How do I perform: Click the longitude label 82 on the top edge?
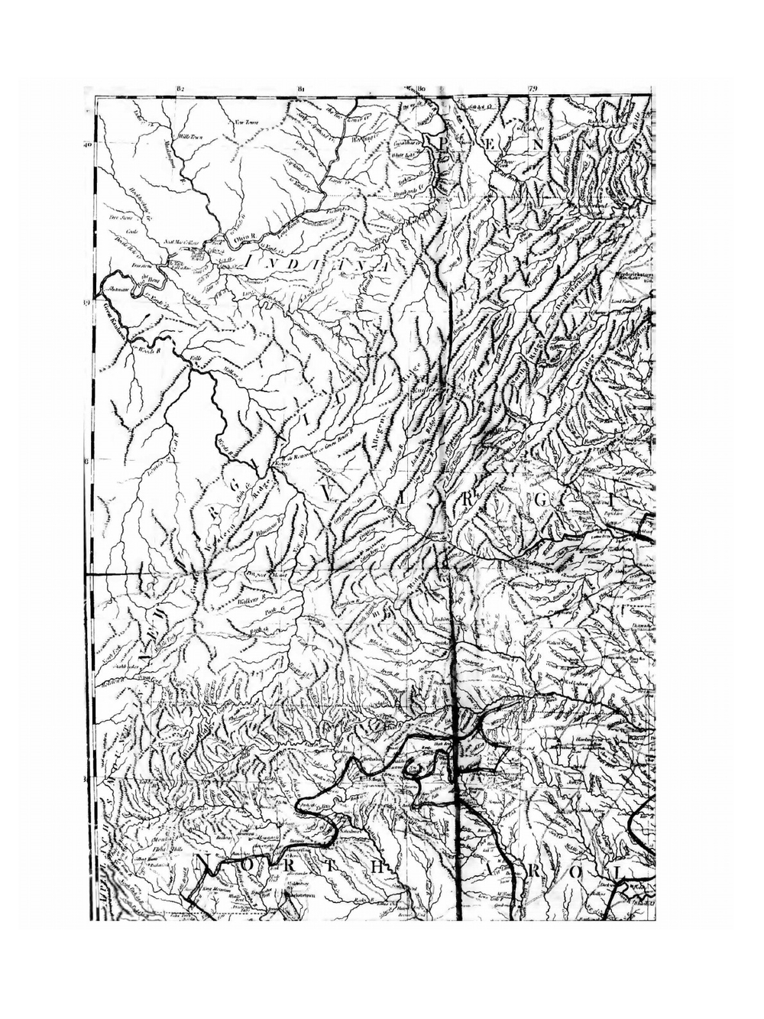click(180, 89)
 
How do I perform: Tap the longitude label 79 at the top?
click(533, 89)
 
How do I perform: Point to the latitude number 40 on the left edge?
click(88, 144)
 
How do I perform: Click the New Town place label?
click(244, 122)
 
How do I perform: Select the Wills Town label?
click(189, 137)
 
